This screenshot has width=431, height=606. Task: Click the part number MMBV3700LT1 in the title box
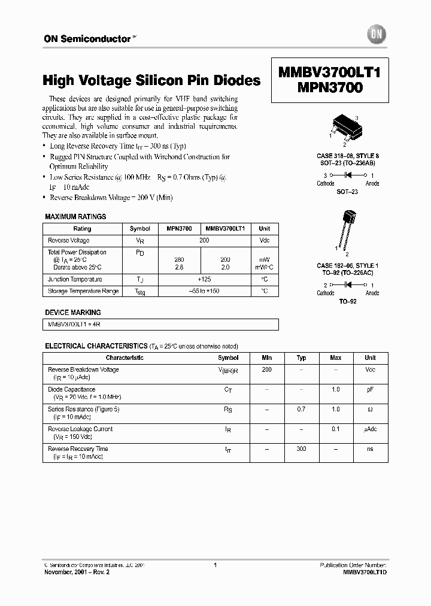click(329, 74)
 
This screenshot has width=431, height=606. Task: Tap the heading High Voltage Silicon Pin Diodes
click(151, 80)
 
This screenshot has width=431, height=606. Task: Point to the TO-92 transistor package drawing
click(347, 227)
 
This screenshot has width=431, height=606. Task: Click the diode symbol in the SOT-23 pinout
click(348, 175)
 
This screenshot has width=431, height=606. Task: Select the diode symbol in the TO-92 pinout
click(348, 285)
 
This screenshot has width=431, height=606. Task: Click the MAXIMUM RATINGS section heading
click(75, 217)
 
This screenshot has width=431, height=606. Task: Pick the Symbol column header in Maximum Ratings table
click(139, 229)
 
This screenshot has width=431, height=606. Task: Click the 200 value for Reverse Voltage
click(204, 240)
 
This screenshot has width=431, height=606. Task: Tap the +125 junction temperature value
click(204, 280)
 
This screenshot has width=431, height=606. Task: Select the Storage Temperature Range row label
click(83, 291)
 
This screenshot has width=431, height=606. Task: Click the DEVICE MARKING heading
click(73, 313)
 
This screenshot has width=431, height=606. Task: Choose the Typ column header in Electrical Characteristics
click(301, 357)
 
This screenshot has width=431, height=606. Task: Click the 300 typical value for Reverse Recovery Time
click(301, 449)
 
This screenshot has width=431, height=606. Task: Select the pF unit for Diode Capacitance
click(370, 390)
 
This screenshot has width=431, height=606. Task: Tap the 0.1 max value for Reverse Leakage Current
click(335, 429)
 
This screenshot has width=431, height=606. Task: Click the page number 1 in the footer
click(215, 565)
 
